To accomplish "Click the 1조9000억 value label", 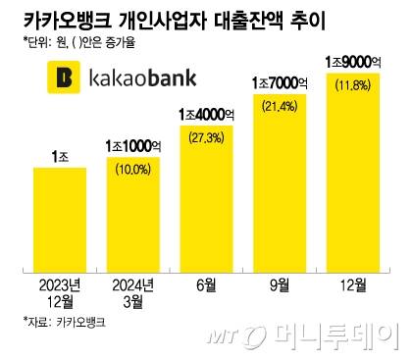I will pos(354,62).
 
